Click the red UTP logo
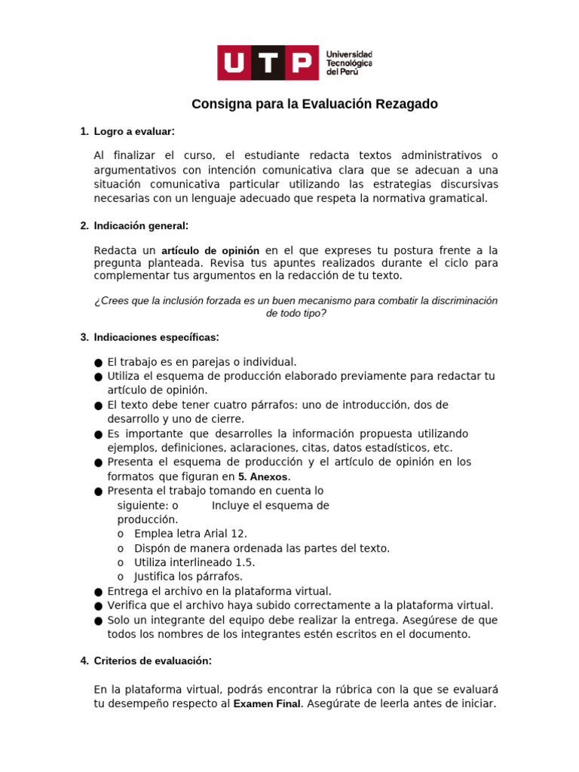pyautogui.click(x=268, y=63)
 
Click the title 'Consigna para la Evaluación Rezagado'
pyautogui.click(x=314, y=104)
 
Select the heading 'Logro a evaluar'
pyautogui.click(x=133, y=132)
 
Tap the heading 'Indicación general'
pyautogui.click(x=141, y=225)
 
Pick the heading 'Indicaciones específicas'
pyautogui.click(x=156, y=337)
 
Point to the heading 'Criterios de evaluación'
pyautogui.click(x=152, y=661)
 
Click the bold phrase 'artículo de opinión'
pyautogui.click(x=210, y=250)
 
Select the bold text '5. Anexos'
pyautogui.click(x=264, y=477)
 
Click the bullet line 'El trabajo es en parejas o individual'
pyautogui.click(x=202, y=362)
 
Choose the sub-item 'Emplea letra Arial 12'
pyautogui.click(x=190, y=534)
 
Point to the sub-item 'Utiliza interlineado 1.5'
pyautogui.click(x=195, y=562)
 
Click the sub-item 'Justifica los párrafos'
pyautogui.click(x=188, y=577)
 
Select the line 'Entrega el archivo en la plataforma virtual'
pyautogui.click(x=219, y=591)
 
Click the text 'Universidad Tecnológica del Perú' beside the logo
pyautogui.click(x=348, y=63)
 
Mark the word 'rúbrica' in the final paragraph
pyautogui.click(x=342, y=689)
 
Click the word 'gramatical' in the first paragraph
pyautogui.click(x=460, y=198)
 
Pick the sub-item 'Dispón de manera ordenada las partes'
pyautogui.click(x=262, y=548)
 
